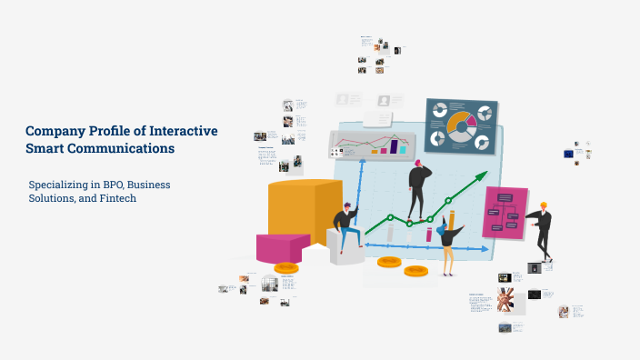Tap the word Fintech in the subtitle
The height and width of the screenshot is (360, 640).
tap(114, 198)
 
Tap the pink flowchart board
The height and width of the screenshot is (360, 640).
tap(505, 214)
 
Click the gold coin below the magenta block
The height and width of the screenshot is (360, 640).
tap(286, 268)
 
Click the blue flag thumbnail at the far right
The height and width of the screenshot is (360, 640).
tap(569, 154)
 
